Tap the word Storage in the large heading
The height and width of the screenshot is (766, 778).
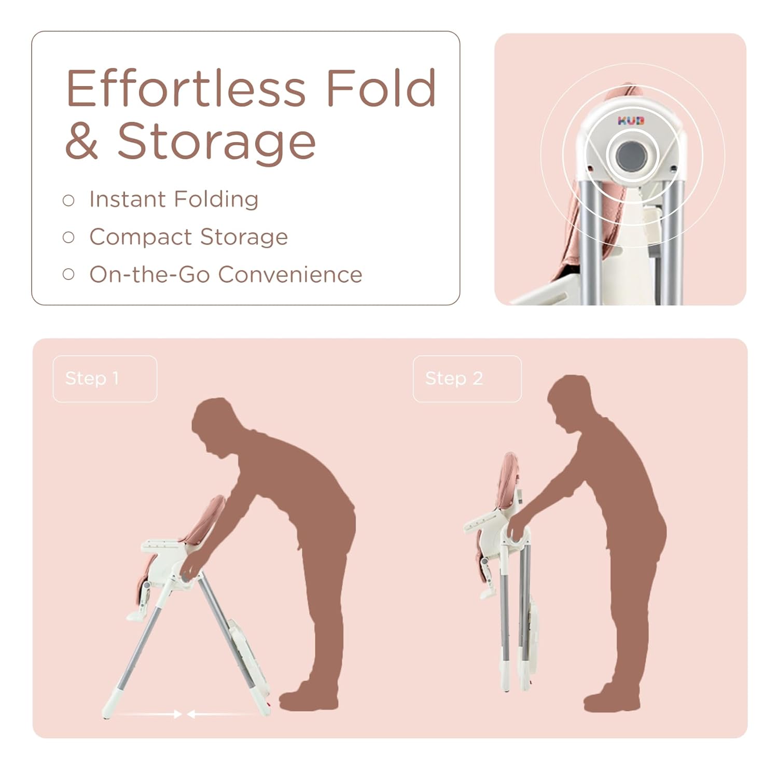216,141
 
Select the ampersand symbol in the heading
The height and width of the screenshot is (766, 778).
81,141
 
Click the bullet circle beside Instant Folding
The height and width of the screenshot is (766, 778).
68,200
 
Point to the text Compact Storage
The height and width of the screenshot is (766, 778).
188,237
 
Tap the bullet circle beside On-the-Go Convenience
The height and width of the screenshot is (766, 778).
68,274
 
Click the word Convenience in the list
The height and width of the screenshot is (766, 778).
290,274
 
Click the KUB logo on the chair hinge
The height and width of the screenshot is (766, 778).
630,121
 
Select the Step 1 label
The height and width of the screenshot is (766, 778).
92,379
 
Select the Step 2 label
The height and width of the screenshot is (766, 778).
454,379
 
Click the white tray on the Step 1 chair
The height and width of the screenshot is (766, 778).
161,545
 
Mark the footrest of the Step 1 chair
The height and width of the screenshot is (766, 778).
136,615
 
